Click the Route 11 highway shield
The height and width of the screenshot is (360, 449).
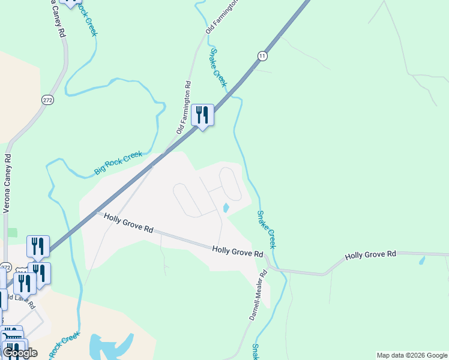click(x=262, y=56)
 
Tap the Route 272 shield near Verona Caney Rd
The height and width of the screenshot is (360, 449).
click(x=47, y=100)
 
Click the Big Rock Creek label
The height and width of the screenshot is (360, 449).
click(x=118, y=164)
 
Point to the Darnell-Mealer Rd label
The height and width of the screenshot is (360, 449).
click(x=258, y=295)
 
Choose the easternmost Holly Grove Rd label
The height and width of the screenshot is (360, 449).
click(x=371, y=255)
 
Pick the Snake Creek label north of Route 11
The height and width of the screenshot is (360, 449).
click(x=217, y=68)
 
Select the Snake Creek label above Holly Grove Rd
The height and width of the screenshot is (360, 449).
click(x=267, y=230)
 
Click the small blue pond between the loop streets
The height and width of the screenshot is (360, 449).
click(x=226, y=208)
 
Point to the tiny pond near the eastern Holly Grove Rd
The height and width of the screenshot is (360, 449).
click(x=423, y=260)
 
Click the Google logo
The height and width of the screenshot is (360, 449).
click(x=20, y=353)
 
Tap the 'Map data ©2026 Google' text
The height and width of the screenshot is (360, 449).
click(x=412, y=355)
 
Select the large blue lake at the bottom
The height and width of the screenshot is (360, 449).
click(x=111, y=346)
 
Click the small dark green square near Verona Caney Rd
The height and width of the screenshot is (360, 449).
click(x=13, y=233)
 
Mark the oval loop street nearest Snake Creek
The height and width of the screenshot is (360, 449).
click(x=231, y=184)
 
